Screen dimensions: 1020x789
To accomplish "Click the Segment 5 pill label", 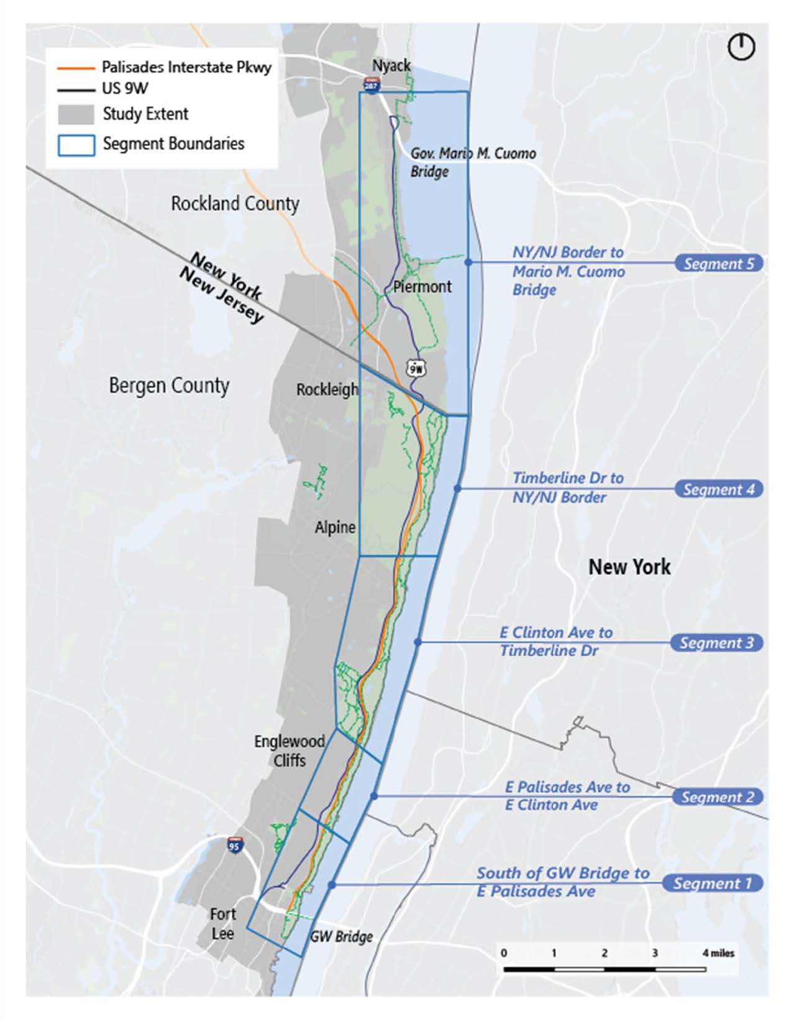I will pos(719,263).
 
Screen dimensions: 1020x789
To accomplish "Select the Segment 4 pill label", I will pos(719,489).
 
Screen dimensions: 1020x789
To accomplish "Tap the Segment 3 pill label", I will pos(716,643).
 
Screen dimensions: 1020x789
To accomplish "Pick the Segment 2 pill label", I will pos(718,797).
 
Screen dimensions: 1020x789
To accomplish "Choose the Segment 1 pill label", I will pos(713,883).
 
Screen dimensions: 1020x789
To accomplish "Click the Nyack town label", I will pos(391,65).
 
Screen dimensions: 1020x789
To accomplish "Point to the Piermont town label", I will pos(422,287).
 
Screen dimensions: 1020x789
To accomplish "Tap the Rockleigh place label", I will pos(327,390).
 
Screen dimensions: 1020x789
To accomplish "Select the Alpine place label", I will pos(335,528).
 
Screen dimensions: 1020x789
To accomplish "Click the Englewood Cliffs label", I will pos(290,751).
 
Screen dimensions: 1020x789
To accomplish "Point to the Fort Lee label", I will pos(222,924).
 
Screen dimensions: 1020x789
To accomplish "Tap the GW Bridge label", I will pos(341,936).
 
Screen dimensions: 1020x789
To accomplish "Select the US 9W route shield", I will pos(416,369).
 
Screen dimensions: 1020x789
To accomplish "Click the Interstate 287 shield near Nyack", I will pos(372,84).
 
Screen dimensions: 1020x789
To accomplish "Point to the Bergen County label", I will pos(169,386).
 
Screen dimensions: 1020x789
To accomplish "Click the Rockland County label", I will pos(235,204).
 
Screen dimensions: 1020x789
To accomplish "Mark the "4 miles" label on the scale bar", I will pos(718,953).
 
